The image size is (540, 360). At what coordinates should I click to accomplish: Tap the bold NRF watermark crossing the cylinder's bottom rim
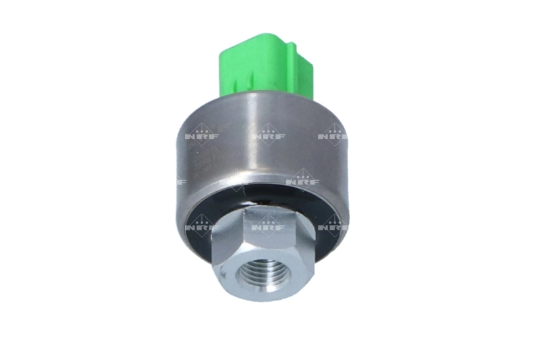coord(301,180)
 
